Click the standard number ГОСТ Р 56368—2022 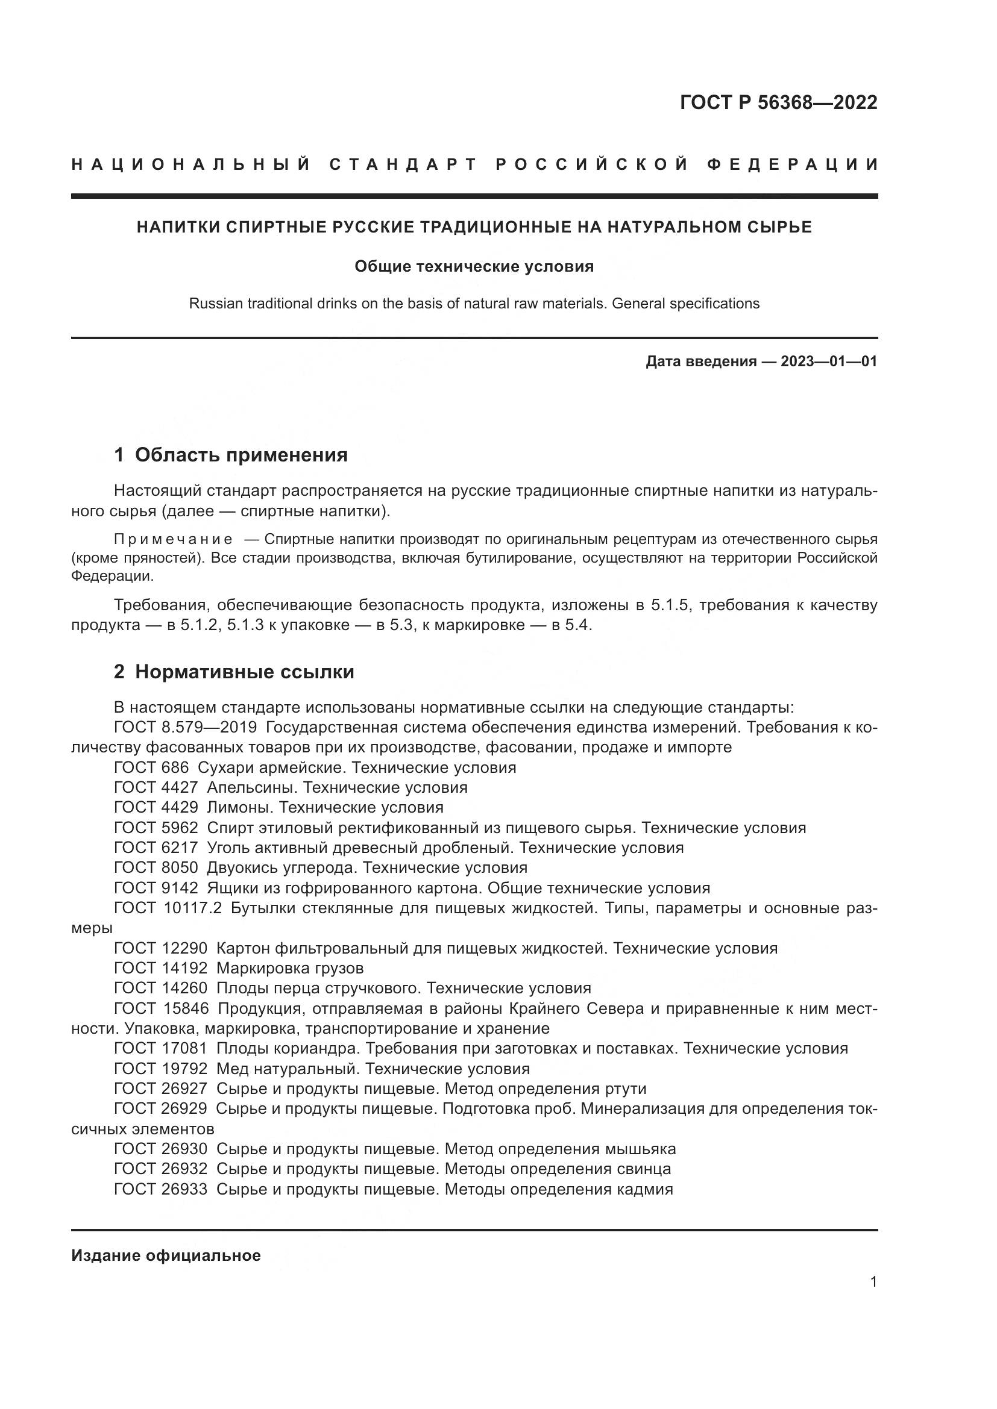(x=778, y=102)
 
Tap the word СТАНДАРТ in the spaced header (x=403, y=164)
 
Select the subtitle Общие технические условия (x=474, y=266)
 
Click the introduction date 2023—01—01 (x=829, y=361)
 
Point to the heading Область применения (x=241, y=455)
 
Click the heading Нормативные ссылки (x=244, y=672)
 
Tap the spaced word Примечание (x=173, y=539)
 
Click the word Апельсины (x=253, y=787)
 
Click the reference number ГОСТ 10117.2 (x=168, y=908)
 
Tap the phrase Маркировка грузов (x=290, y=969)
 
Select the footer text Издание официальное (x=166, y=1255)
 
